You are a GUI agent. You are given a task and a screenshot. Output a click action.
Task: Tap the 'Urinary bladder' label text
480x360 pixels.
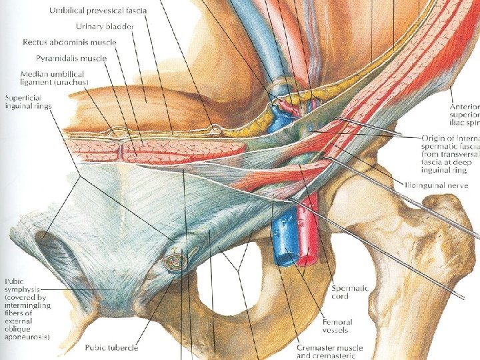coord(105,27)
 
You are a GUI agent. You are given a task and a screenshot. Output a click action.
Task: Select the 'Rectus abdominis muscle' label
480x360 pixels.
coord(69,42)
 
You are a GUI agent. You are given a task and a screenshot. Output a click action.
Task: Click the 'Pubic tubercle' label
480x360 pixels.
coord(111,347)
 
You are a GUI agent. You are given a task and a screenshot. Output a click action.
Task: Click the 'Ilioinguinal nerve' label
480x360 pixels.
coord(442,183)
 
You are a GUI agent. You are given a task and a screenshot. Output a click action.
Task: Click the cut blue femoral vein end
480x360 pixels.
coord(285,256)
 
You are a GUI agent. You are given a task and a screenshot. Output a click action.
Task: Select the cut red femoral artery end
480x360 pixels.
coord(307,256)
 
